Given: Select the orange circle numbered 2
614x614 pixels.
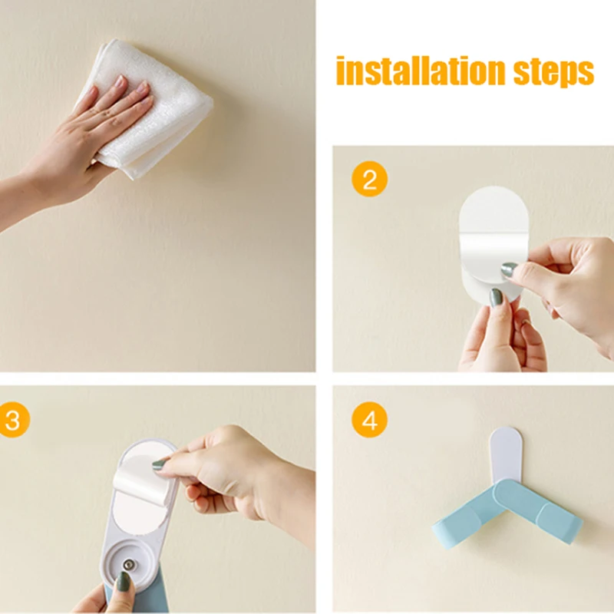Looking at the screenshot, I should (x=370, y=180).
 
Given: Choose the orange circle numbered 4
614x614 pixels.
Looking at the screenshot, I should (x=370, y=421).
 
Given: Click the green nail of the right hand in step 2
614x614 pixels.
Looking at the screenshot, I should (x=509, y=270).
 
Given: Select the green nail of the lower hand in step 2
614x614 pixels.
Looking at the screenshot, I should (x=497, y=296).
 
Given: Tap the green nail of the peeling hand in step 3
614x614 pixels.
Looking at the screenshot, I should (x=160, y=464).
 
